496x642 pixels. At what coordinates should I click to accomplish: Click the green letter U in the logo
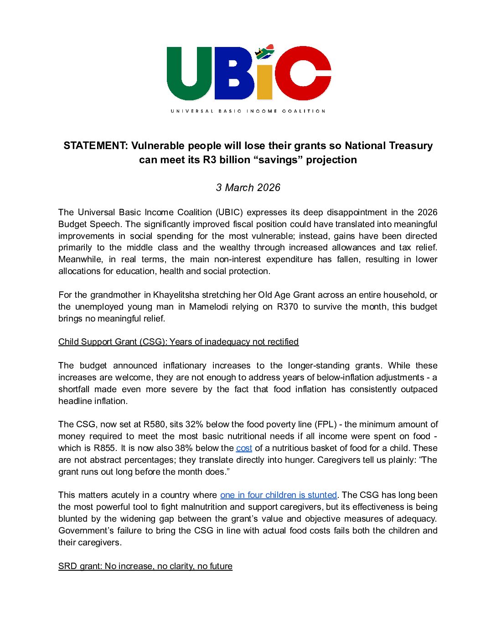pyautogui.click(x=189, y=73)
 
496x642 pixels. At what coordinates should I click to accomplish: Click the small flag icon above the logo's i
pyautogui.click(x=264, y=52)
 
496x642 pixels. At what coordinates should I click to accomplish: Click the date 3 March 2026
pyautogui.click(x=248, y=187)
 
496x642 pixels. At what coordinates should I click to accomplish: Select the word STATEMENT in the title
pyautogui.click(x=95, y=145)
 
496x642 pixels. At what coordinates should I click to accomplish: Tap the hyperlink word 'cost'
pyautogui.click(x=244, y=448)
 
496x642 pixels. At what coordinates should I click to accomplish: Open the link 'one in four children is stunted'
pyautogui.click(x=279, y=495)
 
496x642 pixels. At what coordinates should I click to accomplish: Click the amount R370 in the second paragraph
pyautogui.click(x=287, y=306)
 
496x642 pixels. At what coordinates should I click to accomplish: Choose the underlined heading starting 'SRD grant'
pyautogui.click(x=145, y=566)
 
